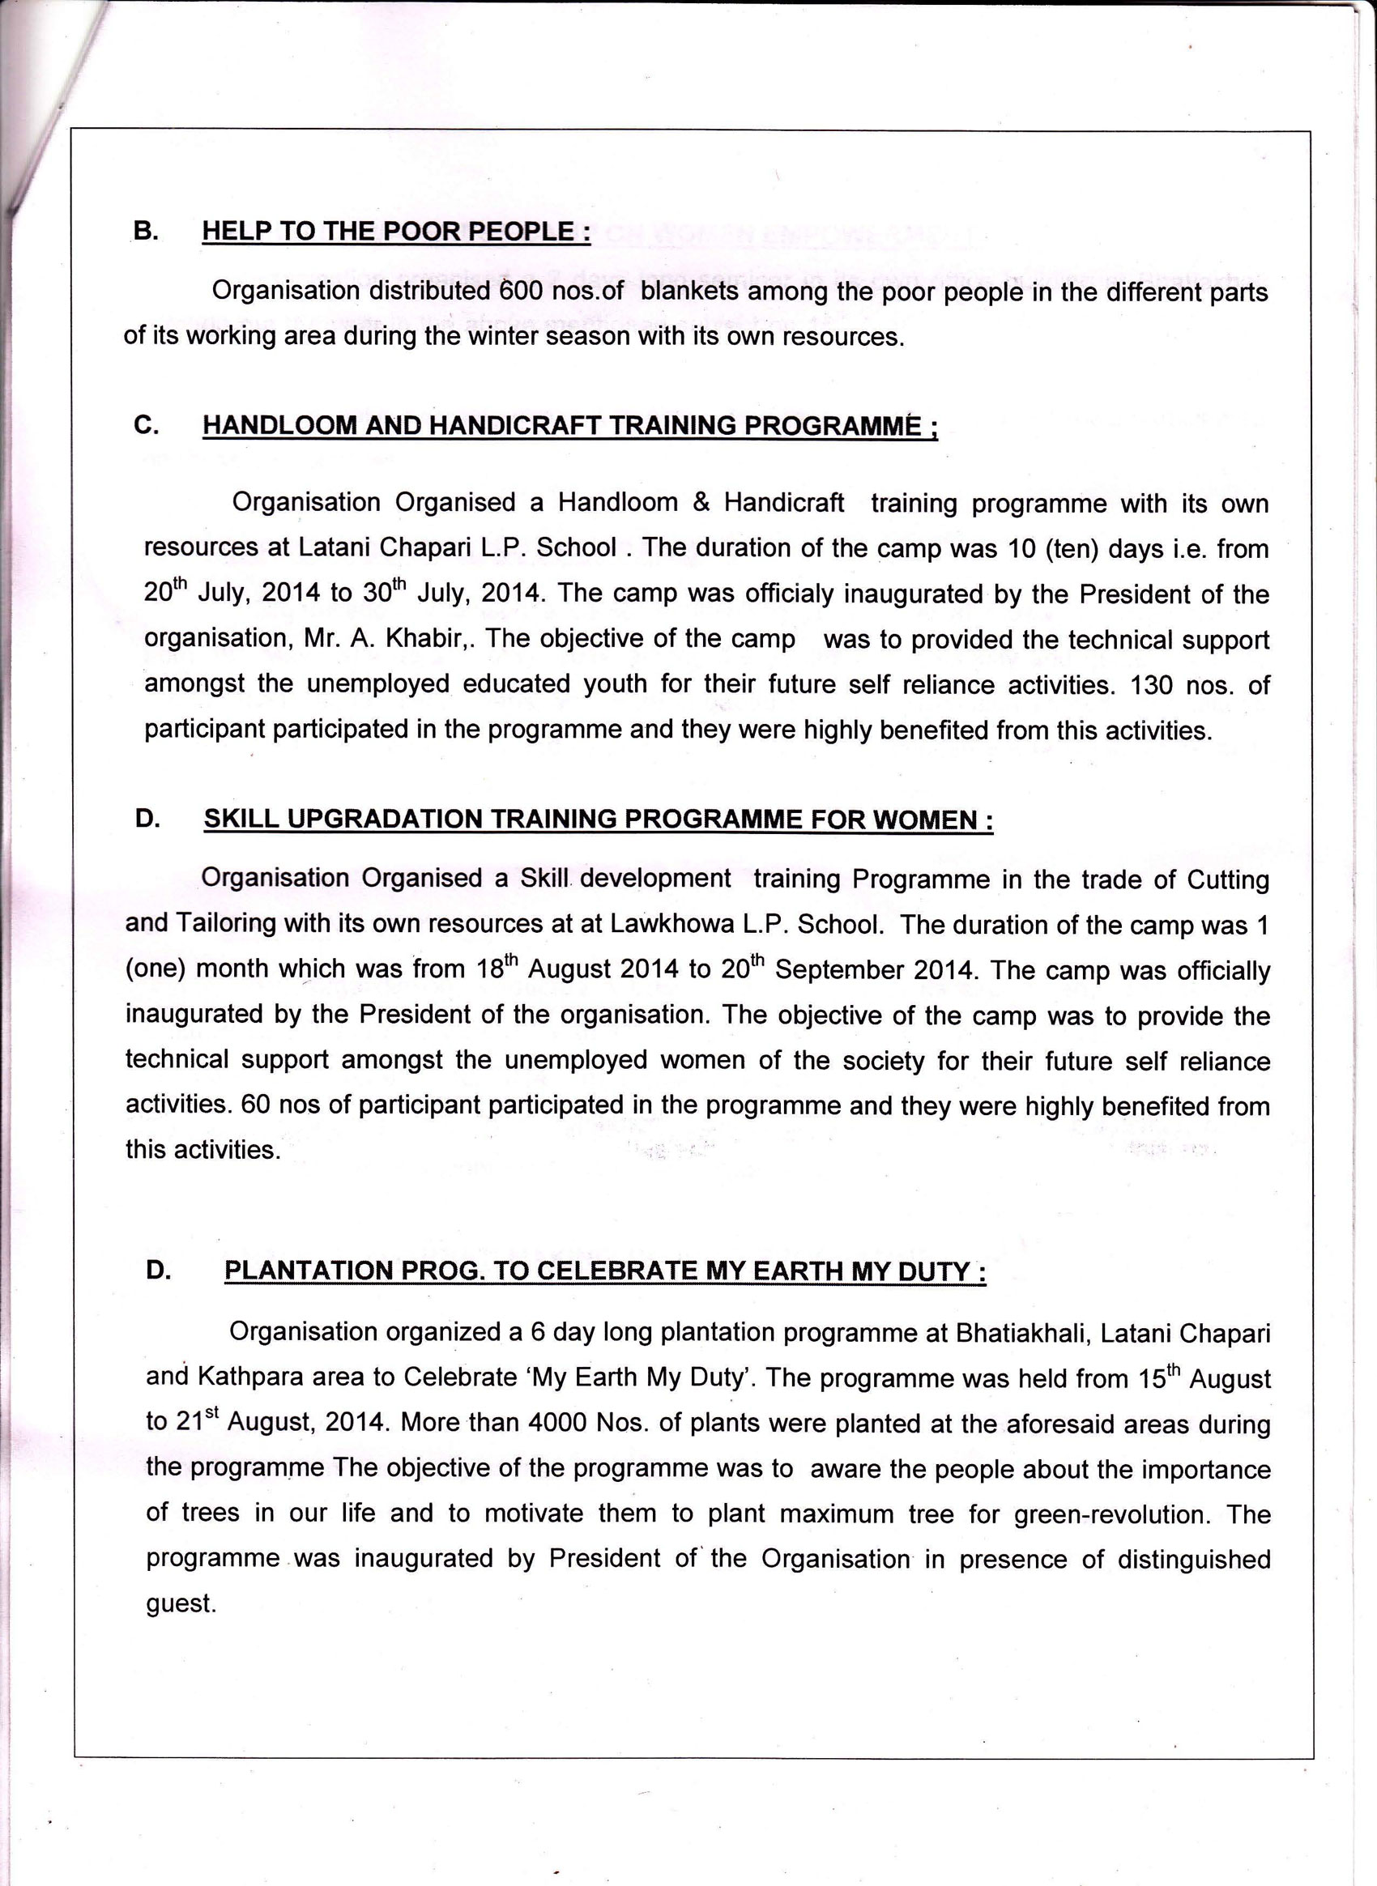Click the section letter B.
[x=145, y=231]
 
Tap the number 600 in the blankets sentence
[x=522, y=291]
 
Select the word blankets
[x=689, y=292]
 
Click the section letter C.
[x=146, y=425]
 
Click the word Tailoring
[x=226, y=923]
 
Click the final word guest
[x=181, y=1604]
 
